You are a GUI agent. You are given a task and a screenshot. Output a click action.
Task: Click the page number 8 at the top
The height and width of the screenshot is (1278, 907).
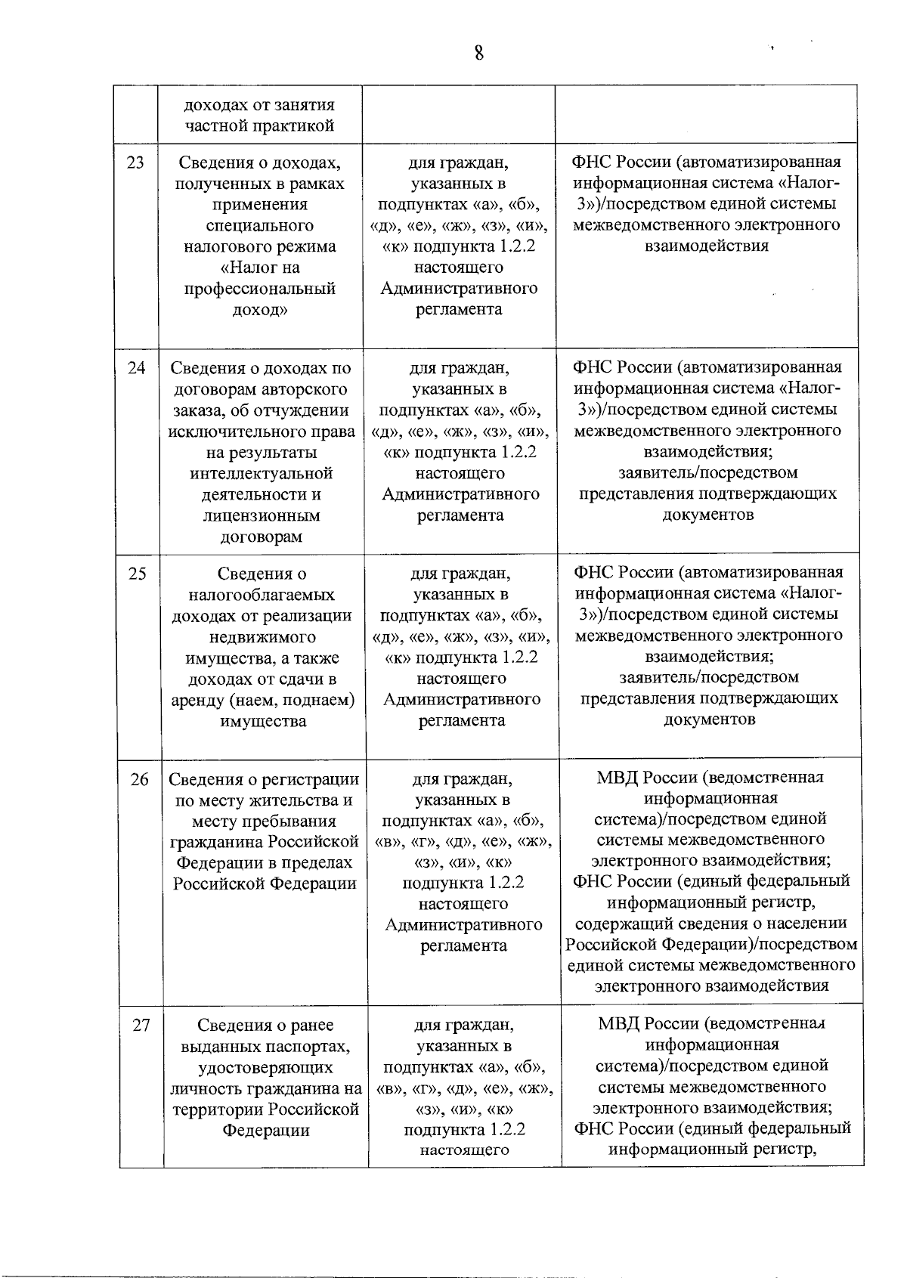pyautogui.click(x=478, y=54)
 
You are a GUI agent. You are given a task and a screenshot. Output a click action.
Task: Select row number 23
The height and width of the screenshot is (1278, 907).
pyautogui.click(x=135, y=162)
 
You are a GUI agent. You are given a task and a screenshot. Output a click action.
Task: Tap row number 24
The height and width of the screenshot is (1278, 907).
pyautogui.click(x=136, y=368)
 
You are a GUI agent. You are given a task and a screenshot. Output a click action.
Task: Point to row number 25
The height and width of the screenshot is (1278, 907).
pyautogui.click(x=138, y=574)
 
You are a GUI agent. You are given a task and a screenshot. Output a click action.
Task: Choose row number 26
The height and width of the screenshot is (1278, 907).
pyautogui.click(x=139, y=779)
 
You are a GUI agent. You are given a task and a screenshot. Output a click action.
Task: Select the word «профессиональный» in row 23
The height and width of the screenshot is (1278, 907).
pyautogui.click(x=261, y=289)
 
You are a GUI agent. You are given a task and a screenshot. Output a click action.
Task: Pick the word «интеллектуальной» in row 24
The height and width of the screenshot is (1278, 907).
pyautogui.click(x=262, y=474)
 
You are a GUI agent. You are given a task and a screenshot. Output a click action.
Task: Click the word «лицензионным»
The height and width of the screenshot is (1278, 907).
pyautogui.click(x=262, y=516)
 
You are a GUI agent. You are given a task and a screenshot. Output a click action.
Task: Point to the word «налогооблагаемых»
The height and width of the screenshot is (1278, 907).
pyautogui.click(x=262, y=595)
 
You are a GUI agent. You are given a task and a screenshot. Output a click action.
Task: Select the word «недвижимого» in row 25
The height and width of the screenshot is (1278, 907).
pyautogui.click(x=262, y=637)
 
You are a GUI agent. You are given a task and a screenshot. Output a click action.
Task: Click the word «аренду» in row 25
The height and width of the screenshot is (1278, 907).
pyautogui.click(x=200, y=701)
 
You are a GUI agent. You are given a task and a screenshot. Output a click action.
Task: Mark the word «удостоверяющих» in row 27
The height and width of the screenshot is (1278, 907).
pyautogui.click(x=265, y=1068)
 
